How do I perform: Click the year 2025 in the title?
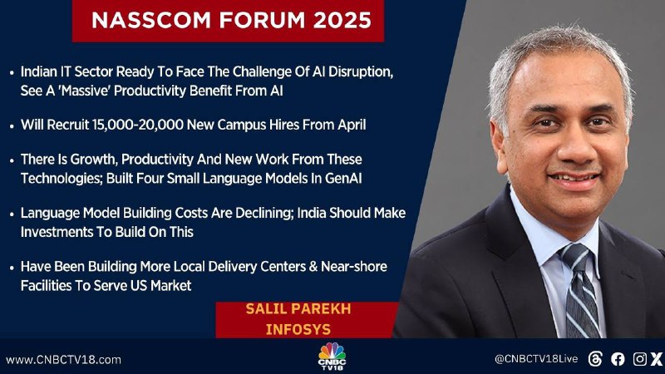[342, 20]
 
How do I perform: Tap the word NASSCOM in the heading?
[151, 20]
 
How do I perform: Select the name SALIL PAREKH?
[298, 308]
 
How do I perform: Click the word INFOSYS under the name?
[298, 329]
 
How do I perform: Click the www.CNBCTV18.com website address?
[63, 360]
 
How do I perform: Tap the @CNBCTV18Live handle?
[536, 359]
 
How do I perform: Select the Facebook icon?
[618, 359]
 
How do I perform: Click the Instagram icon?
[639, 359]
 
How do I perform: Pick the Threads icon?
[595, 359]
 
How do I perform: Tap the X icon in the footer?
[657, 359]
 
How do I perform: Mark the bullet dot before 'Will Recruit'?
[12, 126]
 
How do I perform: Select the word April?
[352, 125]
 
